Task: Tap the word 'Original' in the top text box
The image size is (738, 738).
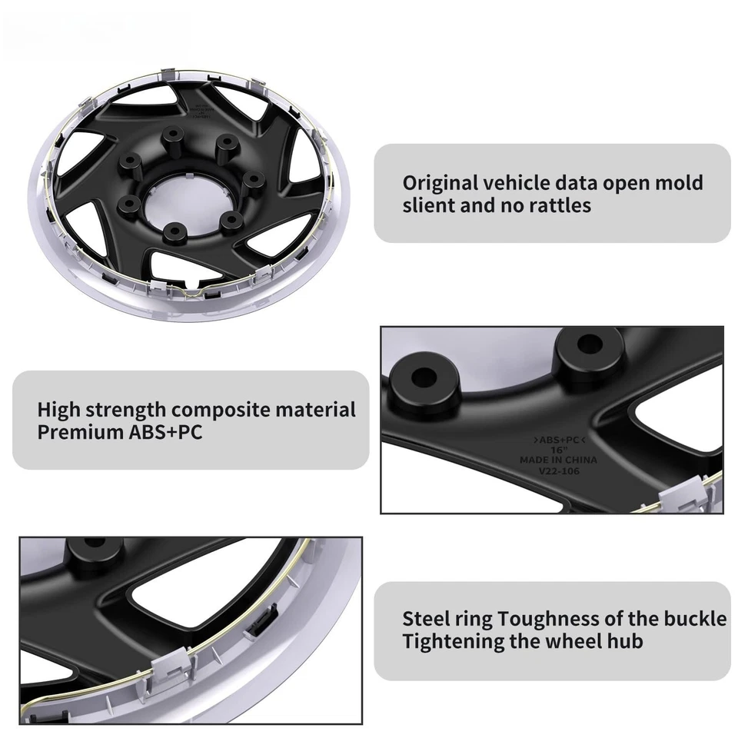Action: (440, 183)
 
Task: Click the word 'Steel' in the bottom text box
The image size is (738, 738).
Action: (426, 618)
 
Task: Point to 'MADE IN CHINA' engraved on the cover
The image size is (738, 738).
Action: (557, 460)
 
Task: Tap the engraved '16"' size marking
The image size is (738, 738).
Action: (558, 450)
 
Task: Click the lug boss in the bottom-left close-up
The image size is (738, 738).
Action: (95, 547)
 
